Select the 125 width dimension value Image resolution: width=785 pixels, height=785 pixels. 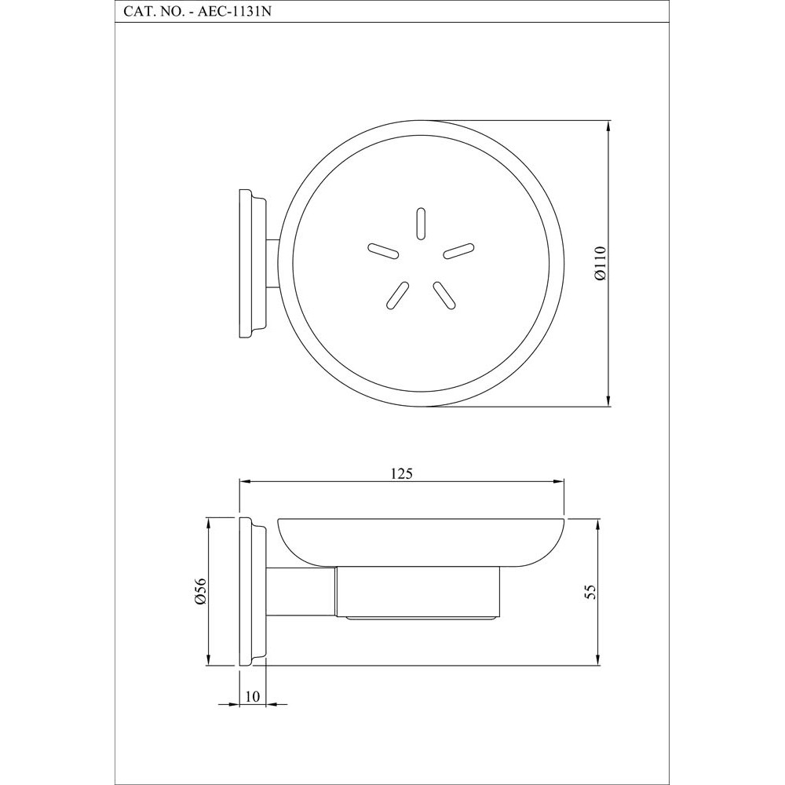[401, 473]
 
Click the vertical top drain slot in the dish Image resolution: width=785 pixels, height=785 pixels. [421, 223]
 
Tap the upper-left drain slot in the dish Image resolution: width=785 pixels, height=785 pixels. [382, 250]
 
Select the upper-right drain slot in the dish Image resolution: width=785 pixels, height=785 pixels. [459, 250]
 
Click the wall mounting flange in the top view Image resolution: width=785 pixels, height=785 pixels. [251, 264]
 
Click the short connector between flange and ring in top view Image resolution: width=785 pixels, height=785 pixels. [272, 264]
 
